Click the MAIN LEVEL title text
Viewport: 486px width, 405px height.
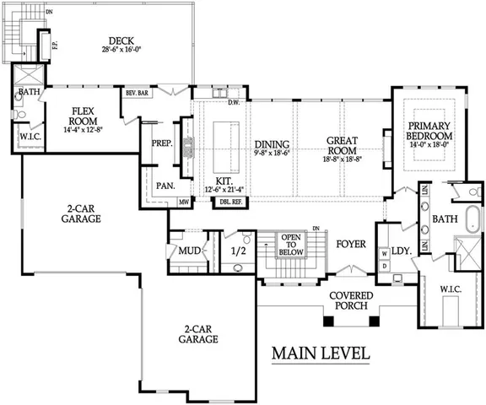pyautogui.click(x=320, y=354)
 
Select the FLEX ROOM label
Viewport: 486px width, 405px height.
pyautogui.click(x=82, y=114)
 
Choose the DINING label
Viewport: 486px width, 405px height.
pyautogui.click(x=272, y=144)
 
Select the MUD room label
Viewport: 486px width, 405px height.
pyautogui.click(x=188, y=251)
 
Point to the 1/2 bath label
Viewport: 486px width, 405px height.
pyautogui.click(x=238, y=251)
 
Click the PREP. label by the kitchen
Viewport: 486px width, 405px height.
pyautogui.click(x=162, y=143)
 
